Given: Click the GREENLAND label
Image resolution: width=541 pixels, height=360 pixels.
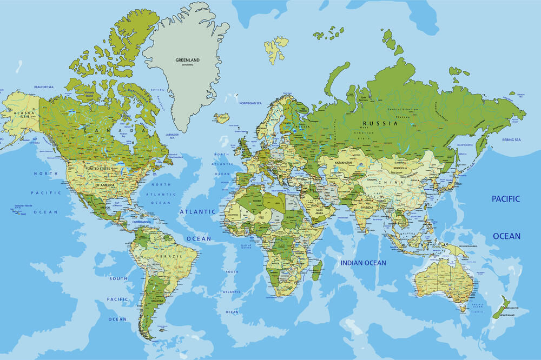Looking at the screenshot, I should [187, 60].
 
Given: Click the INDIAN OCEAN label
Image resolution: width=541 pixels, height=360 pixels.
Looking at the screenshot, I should [363, 263].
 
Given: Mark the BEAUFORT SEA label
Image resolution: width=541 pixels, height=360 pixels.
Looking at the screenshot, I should [44, 87].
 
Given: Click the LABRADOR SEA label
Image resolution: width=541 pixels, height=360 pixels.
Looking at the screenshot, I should [172, 136].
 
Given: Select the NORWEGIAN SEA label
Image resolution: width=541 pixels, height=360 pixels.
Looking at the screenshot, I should [250, 103].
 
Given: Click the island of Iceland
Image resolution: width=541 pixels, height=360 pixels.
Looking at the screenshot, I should [221, 117].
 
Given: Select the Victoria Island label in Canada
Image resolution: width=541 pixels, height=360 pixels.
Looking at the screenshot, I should [89, 93].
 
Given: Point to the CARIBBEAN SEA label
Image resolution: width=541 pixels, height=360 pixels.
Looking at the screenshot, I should [141, 222].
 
